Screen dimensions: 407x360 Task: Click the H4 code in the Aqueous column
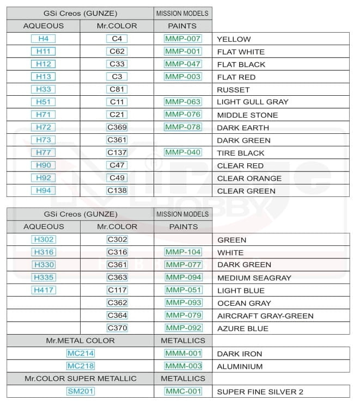coord(43,39)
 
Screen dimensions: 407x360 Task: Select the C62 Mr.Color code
coord(117,52)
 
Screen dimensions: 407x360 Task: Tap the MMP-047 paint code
coord(183,64)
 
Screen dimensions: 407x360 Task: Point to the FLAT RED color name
coord(236,77)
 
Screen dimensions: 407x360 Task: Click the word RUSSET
coord(233,90)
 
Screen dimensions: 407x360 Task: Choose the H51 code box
coord(43,102)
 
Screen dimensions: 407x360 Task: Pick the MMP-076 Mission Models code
coord(183,114)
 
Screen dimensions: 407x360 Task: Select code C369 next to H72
coord(117,127)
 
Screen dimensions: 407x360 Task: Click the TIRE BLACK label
coord(240,153)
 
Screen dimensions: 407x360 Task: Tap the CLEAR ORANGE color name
coord(249,178)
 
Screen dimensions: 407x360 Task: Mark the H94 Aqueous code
coord(43,191)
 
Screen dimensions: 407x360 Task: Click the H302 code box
coord(44,239)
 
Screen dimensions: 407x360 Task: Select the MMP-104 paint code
coord(184,252)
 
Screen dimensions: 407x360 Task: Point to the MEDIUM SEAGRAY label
coord(254,278)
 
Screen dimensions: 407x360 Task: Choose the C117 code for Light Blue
coord(117,290)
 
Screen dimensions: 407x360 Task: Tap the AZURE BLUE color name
coord(242,329)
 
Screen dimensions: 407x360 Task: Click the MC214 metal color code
coord(81,354)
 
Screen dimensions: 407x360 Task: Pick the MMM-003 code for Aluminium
coord(184,366)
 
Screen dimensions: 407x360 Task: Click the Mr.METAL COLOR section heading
coord(81,341)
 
